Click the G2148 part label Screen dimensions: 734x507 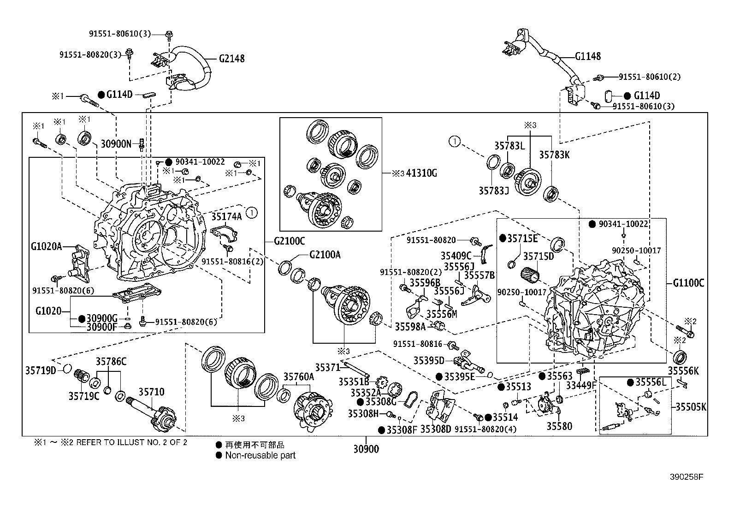coord(231,59)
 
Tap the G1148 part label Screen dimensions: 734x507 coord(588,56)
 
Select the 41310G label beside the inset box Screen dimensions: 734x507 coord(421,173)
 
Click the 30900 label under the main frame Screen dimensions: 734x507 coord(366,449)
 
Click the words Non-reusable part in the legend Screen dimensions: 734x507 coord(260,455)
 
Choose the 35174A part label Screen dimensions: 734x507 coord(226,216)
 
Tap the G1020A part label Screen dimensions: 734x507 coord(47,246)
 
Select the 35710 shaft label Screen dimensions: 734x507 coord(151,392)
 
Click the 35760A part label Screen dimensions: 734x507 coord(298,377)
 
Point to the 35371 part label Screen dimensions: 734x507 coord(328,367)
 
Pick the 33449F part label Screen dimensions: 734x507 coord(581,385)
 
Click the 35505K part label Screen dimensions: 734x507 coord(691,407)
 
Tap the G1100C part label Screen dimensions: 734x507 coord(688,283)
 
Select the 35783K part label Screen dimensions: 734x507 coord(555,155)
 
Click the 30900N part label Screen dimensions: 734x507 coord(116,143)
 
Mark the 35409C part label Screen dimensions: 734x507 coord(456,256)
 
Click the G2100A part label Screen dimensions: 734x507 coord(325,255)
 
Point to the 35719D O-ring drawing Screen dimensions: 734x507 coord(67,369)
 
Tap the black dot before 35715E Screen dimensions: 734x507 coord(503,239)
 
